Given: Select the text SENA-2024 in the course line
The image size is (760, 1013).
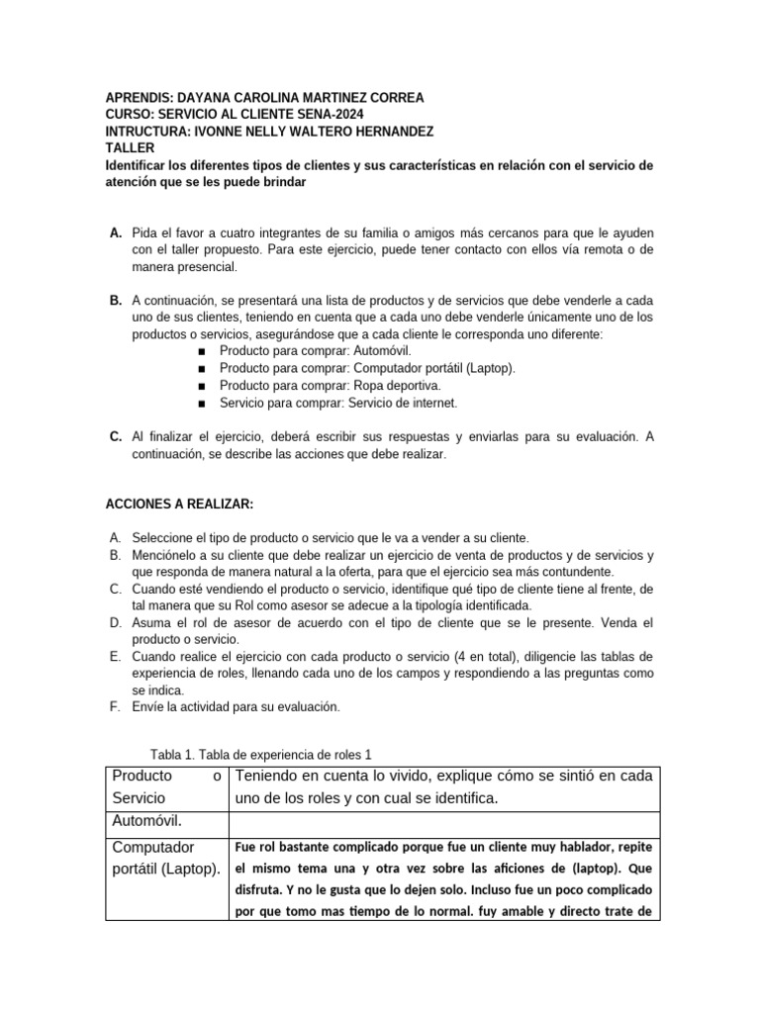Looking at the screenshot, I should tap(304, 115).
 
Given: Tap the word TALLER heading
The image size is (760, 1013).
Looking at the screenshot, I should tap(130, 148).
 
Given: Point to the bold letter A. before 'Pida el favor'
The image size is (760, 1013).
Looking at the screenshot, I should tap(116, 231).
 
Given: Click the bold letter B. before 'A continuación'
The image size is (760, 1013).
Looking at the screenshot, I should tap(116, 300).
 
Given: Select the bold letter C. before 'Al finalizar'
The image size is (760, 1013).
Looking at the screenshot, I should tap(116, 436).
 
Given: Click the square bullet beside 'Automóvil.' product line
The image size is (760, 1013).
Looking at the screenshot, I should tap(202, 351).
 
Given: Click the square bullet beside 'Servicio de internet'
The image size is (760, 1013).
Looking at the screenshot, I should tap(202, 403).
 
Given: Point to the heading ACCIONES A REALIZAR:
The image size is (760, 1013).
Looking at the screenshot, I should tap(180, 505).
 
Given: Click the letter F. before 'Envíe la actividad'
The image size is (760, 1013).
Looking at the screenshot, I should tap(112, 707).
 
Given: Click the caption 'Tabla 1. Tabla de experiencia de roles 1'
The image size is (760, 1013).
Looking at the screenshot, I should tap(260, 754).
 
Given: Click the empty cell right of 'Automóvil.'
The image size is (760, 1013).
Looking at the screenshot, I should tap(442, 821).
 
